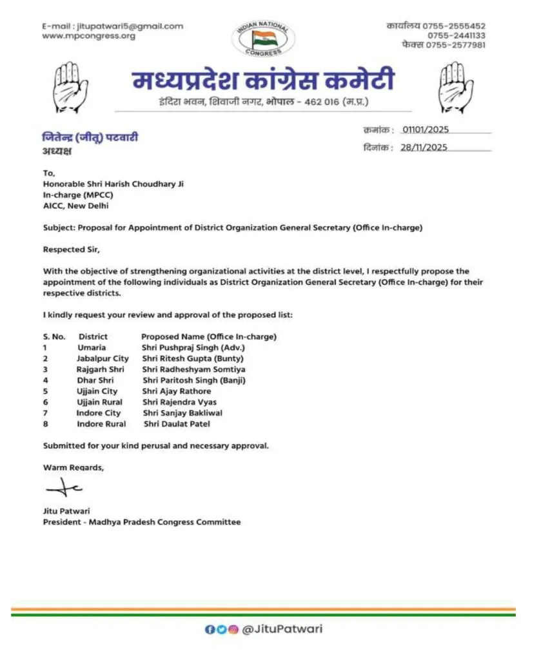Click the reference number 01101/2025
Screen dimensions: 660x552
(426, 130)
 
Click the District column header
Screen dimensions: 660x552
(93, 336)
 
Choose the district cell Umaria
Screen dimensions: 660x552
(92, 347)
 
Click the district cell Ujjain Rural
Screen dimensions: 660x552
(99, 402)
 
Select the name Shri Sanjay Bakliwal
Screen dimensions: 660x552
(182, 413)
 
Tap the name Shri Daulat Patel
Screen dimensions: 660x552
(176, 424)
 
